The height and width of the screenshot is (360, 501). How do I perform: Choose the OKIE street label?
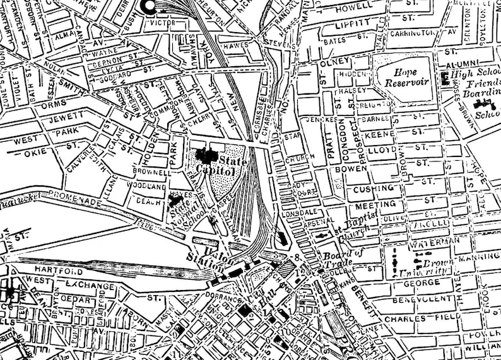(x=30, y=152)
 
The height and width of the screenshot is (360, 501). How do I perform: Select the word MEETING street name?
(x=375, y=205)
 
